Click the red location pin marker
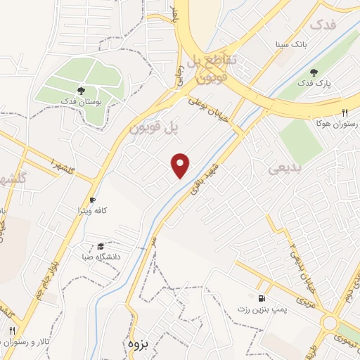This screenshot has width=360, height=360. pos(181,165)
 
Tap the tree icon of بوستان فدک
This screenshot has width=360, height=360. pos(81,91)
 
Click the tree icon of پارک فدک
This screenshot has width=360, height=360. pos(314,72)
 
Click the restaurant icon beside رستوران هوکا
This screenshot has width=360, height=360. pos(345,113)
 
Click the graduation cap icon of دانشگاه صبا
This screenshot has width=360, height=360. pos(101,246)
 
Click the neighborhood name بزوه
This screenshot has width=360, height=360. pos(140,342)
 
